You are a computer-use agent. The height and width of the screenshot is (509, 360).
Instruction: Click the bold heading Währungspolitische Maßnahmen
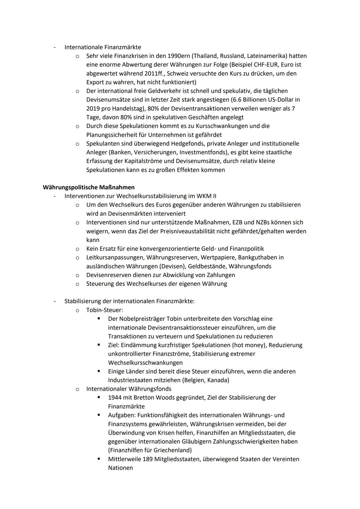[89, 187]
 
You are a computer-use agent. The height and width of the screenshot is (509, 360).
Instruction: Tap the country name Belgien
[194, 380]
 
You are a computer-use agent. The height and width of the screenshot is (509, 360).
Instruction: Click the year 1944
[115, 398]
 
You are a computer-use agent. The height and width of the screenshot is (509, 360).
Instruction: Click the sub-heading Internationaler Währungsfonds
[129, 389]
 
